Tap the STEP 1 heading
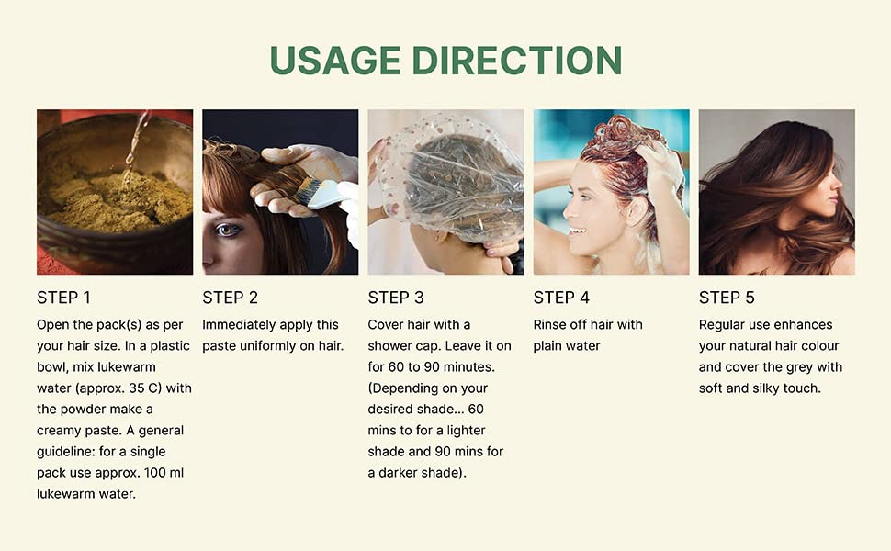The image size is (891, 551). coord(63,298)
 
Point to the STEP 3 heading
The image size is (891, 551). coord(395,298)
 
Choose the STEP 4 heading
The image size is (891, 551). coord(560,298)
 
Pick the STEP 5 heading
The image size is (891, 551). coord(726,298)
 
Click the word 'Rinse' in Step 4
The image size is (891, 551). coord(551,324)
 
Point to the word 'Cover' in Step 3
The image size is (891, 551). coord(387,324)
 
